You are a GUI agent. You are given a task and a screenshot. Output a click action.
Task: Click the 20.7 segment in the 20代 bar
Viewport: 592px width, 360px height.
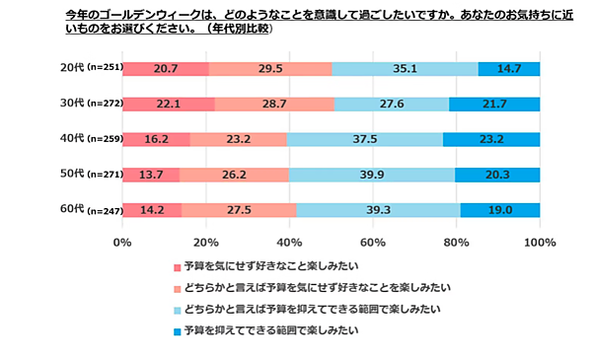click(165, 69)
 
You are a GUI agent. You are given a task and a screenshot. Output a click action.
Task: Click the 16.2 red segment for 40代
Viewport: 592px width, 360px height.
click(156, 140)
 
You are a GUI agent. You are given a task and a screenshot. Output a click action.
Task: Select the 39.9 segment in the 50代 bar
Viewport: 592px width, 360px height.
click(372, 176)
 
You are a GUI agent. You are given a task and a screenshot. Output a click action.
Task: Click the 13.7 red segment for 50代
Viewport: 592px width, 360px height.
click(151, 176)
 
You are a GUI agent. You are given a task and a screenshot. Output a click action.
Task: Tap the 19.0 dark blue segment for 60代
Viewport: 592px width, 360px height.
click(500, 210)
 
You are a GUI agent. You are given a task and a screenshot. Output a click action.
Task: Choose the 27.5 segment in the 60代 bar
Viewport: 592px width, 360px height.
click(238, 210)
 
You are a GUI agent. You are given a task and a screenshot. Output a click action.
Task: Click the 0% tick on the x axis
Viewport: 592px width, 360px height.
click(122, 242)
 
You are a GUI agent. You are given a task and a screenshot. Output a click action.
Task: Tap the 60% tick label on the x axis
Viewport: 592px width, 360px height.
click(373, 242)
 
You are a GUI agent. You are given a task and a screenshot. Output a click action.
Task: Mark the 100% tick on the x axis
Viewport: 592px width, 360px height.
click(539, 242)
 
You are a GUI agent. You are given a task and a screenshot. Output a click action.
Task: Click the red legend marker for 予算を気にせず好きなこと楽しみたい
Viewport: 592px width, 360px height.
click(177, 267)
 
